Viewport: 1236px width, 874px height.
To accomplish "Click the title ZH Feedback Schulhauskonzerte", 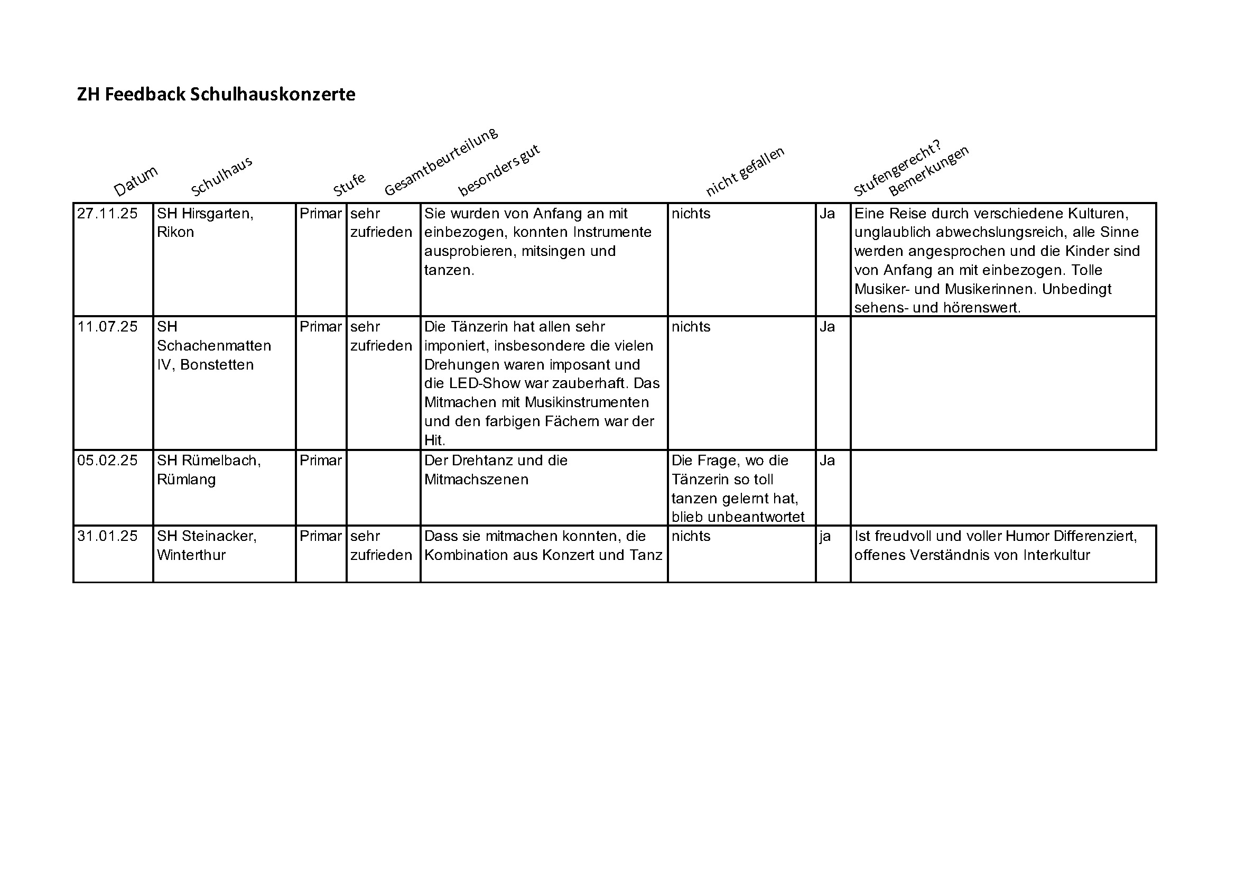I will [x=216, y=94].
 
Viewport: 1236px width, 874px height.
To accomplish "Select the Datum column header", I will [x=136, y=180].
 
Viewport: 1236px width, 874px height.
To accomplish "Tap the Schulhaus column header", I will [x=221, y=176].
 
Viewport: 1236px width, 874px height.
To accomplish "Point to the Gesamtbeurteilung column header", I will [x=441, y=161].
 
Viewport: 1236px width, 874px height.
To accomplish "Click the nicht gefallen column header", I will [x=745, y=171].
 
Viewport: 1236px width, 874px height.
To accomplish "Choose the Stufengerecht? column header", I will [x=897, y=168].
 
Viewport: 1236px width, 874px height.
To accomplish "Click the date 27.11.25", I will [x=107, y=214].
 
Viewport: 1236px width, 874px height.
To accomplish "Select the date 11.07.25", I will [x=107, y=327].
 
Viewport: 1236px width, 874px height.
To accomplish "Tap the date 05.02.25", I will [x=107, y=461].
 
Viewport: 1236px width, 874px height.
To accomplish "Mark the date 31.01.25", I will [x=107, y=536].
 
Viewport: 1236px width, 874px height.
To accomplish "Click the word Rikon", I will [x=175, y=232].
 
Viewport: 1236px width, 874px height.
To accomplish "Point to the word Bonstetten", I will [x=217, y=365].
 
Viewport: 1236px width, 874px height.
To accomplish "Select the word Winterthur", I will [x=191, y=555].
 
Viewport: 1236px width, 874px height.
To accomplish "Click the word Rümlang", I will [x=185, y=480].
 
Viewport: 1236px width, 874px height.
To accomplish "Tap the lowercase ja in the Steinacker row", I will [x=825, y=537].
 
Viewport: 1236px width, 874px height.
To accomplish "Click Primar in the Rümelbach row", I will [x=320, y=461].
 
